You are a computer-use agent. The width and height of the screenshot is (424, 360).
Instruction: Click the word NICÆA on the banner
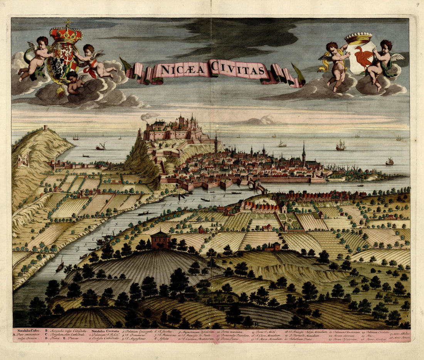pyautogui.click(x=181, y=69)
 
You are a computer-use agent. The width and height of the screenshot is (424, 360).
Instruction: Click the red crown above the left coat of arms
pyautogui.click(x=66, y=34)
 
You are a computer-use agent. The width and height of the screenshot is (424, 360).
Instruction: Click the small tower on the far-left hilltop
pyautogui.click(x=45, y=128)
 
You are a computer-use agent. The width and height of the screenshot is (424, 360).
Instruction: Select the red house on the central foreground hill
pyautogui.click(x=161, y=240)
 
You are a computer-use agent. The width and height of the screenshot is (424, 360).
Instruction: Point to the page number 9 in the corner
pyautogui.click(x=417, y=5)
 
